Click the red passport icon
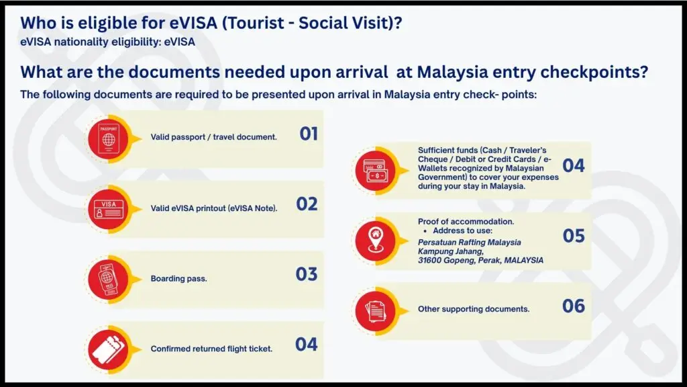click(x=108, y=139)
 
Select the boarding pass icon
click(x=108, y=279)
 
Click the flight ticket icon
click(x=108, y=349)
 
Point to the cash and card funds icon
click(x=376, y=171)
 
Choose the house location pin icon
click(x=376, y=241)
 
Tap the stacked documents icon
click(x=376, y=311)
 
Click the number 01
click(x=309, y=134)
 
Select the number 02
click(x=307, y=204)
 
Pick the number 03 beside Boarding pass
click(x=306, y=274)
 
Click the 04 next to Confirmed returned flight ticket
click(x=306, y=345)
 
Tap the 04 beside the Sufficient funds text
click(x=574, y=165)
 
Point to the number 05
click(x=574, y=236)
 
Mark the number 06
click(x=574, y=306)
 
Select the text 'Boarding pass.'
click(x=178, y=279)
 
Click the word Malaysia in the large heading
click(x=452, y=72)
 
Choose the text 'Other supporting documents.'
click(x=474, y=309)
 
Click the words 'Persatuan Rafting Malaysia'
click(x=469, y=242)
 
